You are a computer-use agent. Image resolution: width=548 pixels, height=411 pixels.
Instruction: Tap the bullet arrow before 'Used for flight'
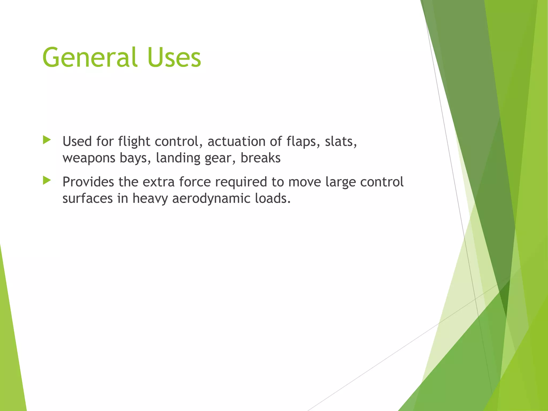pos(47,140)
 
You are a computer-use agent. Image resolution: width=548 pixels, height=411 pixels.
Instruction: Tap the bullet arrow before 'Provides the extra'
pos(47,181)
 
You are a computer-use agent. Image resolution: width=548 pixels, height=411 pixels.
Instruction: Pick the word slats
pos(341,142)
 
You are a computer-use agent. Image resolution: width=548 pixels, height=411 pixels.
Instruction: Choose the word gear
pos(220,158)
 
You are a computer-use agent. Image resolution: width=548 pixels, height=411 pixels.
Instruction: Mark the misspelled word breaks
pos(260,158)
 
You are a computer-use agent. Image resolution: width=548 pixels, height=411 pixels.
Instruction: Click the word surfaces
pos(87,199)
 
